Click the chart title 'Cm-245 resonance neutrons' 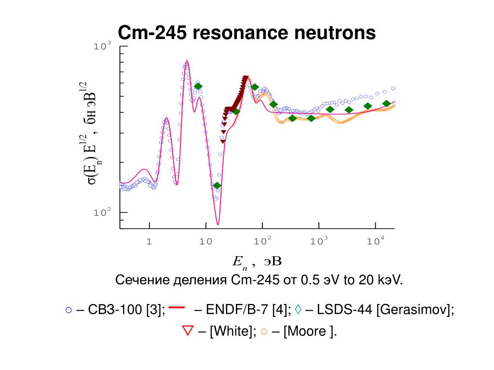tap(247, 33)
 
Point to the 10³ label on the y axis tap(102, 46)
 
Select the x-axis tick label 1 tap(150, 242)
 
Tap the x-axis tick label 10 tap(206, 242)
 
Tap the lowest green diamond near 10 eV tap(217, 185)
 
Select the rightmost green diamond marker tap(386, 104)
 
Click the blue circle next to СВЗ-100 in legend tap(69, 310)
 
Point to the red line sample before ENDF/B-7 tap(178, 306)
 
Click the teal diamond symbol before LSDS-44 tap(298, 310)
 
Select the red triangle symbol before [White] tap(187, 330)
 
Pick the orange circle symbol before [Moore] tap(263, 331)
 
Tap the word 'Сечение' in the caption tap(139, 280)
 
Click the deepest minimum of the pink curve tap(218, 224)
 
